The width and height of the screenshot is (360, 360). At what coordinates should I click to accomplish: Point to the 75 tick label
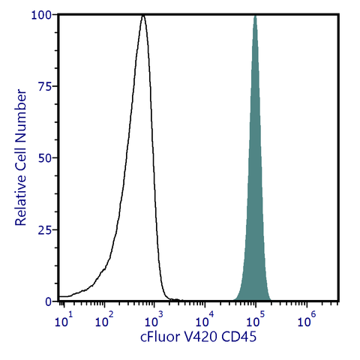(45, 86)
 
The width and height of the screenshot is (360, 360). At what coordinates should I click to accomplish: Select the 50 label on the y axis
(45, 158)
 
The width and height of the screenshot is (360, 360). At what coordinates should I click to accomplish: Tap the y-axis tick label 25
(45, 229)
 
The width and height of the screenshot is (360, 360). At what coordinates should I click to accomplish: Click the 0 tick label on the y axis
(48, 301)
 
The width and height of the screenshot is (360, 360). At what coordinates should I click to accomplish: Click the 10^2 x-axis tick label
(105, 322)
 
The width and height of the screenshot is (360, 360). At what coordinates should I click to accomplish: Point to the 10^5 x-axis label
(256, 322)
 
